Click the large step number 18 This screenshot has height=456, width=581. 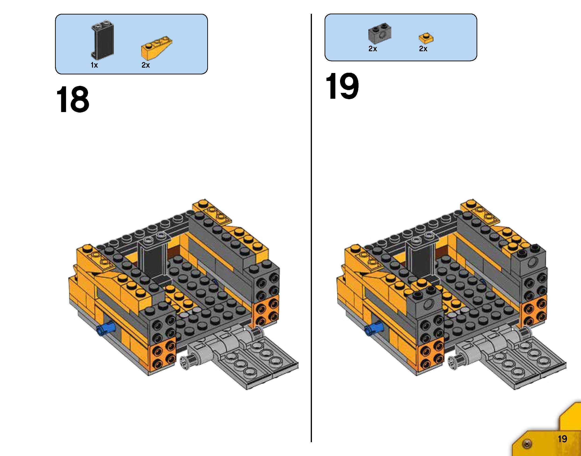coord(72,100)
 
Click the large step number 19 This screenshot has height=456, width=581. coord(342,86)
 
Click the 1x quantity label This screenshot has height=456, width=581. coord(94,65)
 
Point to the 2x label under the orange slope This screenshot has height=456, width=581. coord(146,65)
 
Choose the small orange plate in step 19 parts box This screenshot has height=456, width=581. coord(426,38)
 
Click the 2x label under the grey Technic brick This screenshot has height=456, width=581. coord(373,49)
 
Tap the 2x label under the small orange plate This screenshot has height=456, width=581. coord(423,49)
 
